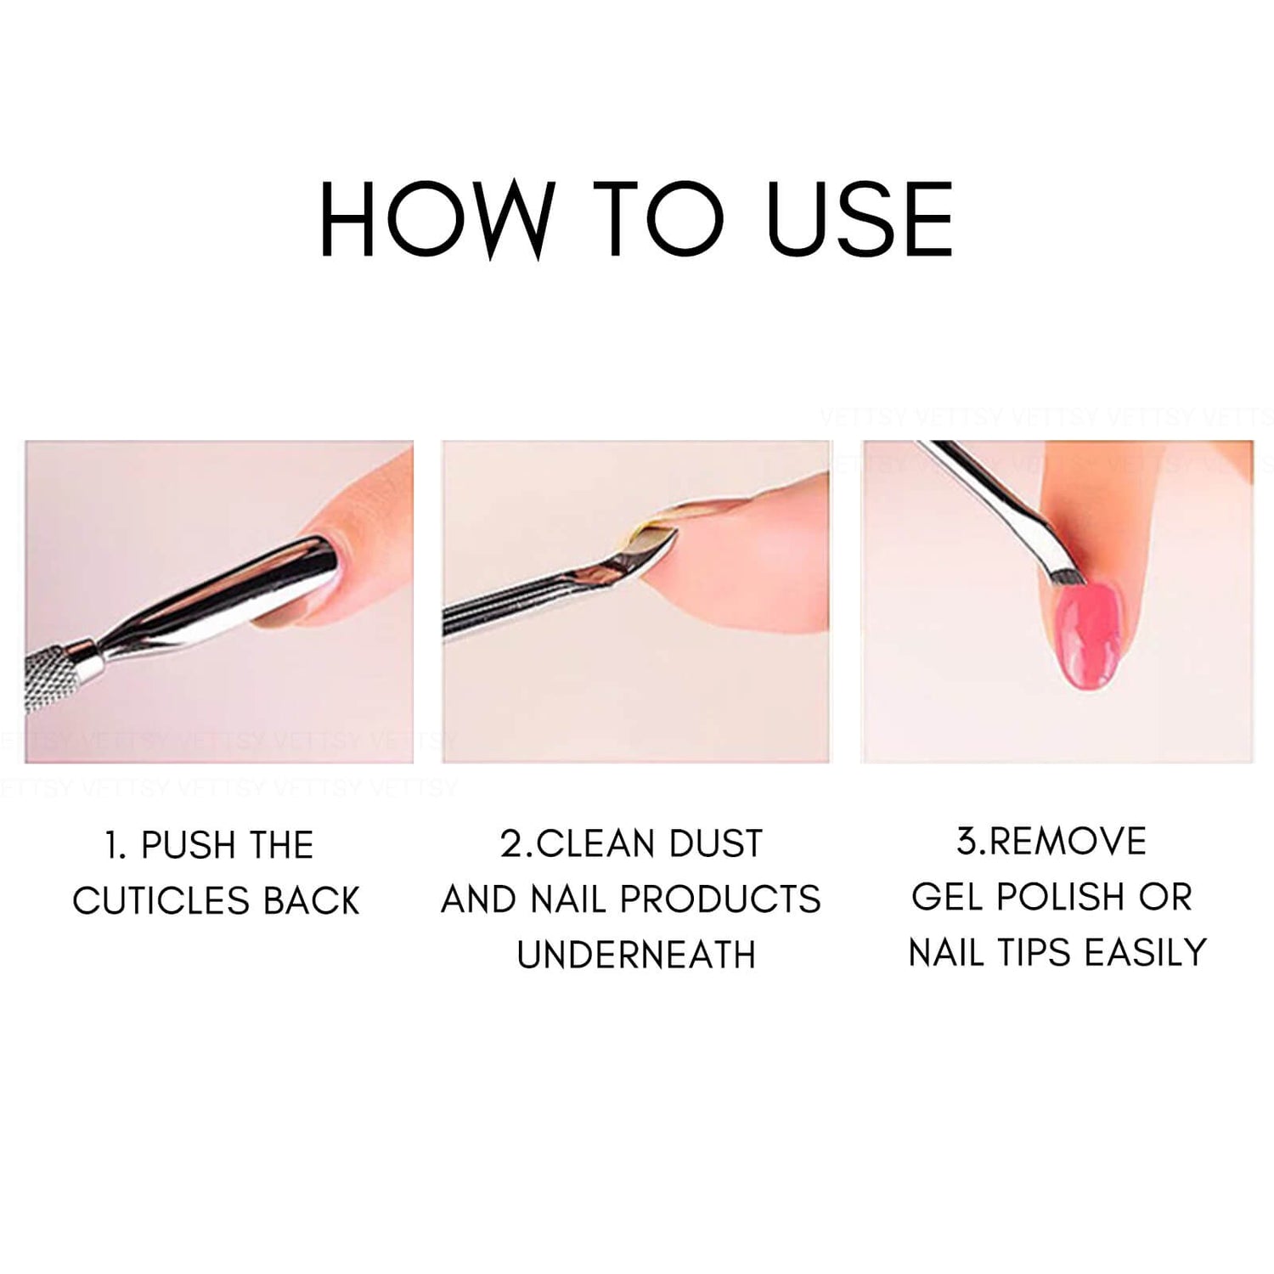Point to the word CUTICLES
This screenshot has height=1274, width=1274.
coord(161,901)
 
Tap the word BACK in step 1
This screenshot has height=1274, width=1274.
coord(312,901)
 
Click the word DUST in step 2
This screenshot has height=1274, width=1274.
coord(715,843)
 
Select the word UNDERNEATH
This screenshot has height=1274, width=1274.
coord(636,956)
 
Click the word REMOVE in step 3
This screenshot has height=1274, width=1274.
coord(1068,842)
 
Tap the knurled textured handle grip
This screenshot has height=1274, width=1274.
coord(54,679)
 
